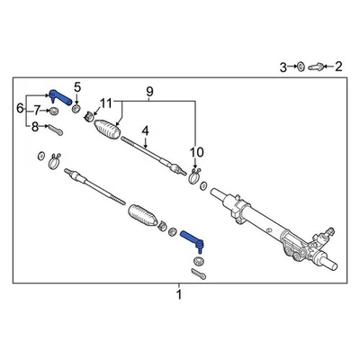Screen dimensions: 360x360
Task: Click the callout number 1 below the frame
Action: [x=178, y=294]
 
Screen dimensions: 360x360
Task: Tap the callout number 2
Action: [x=339, y=67]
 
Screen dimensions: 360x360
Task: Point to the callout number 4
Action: [x=144, y=130]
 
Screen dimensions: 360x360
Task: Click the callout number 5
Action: [x=77, y=87]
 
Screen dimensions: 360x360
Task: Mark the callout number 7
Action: [x=36, y=110]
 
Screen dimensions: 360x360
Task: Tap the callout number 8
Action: [x=36, y=127]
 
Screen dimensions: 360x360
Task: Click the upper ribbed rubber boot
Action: [x=107, y=129]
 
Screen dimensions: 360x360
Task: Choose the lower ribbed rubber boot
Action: [x=145, y=218]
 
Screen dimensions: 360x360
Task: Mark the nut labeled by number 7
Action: [x=53, y=111]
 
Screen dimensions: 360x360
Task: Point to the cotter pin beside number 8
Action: [x=54, y=128]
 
